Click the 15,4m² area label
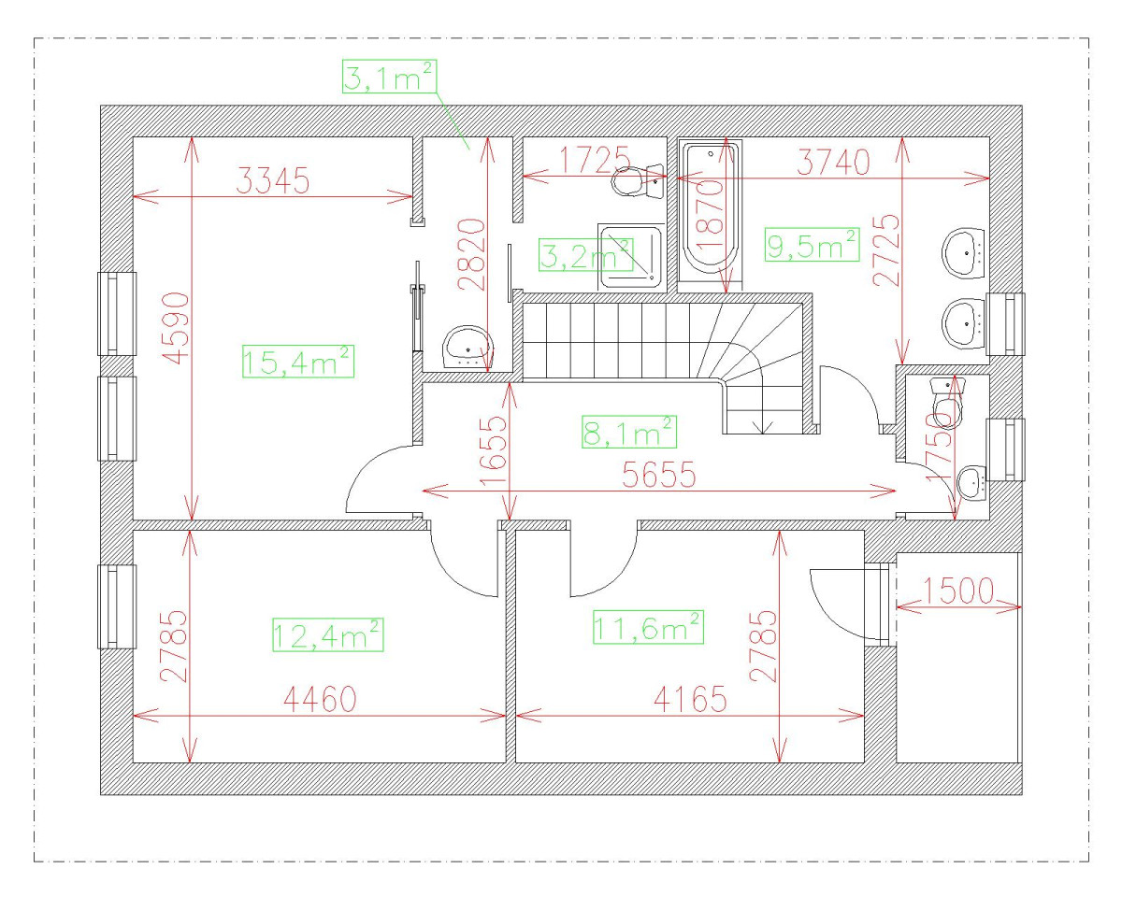pos(298,362)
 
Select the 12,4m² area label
pos(328,634)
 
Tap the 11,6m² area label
pos(648,627)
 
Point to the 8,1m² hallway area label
pos(629,432)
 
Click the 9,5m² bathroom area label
pos(812,245)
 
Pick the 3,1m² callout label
pos(389,77)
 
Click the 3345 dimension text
pos(273,181)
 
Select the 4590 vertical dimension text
pos(176,328)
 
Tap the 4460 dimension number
pos(320,700)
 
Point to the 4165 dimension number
pos(690,700)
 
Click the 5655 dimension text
pos(659,475)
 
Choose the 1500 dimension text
pos(958,591)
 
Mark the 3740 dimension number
pos(834,162)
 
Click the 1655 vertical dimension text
pos(493,451)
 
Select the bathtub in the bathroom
pos(710,216)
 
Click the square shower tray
pos(631,256)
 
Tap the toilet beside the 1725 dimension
pos(638,181)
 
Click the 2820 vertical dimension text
pos(472,254)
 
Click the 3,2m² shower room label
pos(586,255)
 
